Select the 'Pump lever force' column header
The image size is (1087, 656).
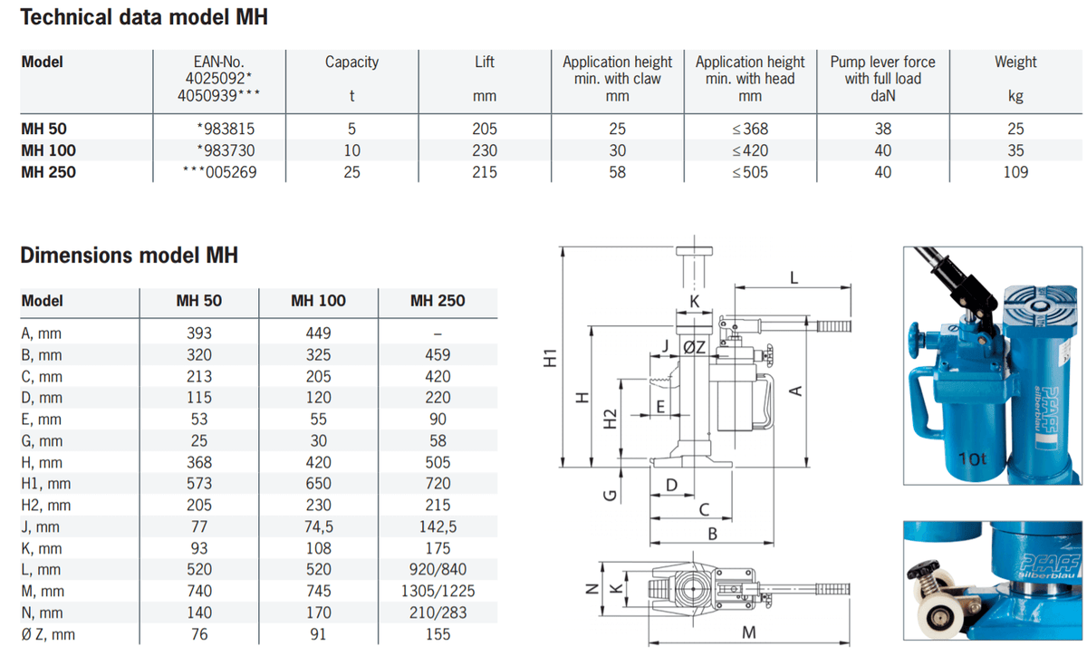[882, 63]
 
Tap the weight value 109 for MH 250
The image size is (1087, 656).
[1015, 171]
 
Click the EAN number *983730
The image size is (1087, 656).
[226, 150]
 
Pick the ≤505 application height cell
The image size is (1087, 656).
[749, 171]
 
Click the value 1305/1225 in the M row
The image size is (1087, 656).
[438, 591]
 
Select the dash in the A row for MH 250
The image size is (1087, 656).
[438, 333]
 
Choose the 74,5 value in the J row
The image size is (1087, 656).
[318, 526]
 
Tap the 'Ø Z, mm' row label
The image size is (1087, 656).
[48, 634]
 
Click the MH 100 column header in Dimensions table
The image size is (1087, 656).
[318, 301]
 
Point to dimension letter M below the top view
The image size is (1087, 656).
[748, 633]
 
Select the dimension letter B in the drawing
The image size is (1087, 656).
[712, 534]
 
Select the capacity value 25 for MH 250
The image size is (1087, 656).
[351, 171]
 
